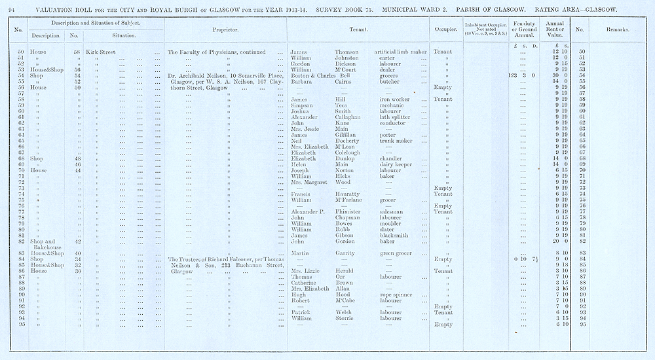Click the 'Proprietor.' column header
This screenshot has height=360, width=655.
225,30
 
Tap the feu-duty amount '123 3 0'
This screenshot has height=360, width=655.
522,75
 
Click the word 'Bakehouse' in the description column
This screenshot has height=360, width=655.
46,247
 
